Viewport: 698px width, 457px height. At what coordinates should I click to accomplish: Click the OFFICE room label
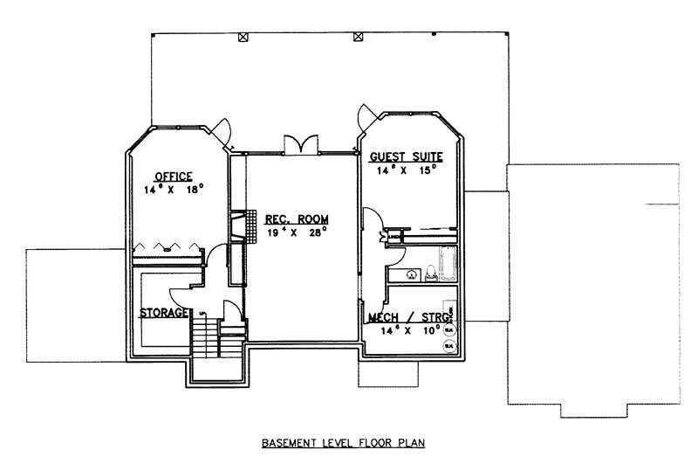(x=173, y=176)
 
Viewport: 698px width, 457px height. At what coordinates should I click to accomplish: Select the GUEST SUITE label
(x=406, y=157)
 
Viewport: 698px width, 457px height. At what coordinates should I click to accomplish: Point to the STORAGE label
(x=161, y=312)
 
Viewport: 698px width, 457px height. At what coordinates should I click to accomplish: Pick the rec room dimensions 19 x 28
(x=284, y=233)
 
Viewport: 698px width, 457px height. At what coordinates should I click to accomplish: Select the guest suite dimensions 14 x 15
(x=406, y=170)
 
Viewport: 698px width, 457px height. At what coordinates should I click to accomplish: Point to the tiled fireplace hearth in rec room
(x=251, y=227)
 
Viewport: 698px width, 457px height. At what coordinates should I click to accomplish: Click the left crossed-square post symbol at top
(x=243, y=37)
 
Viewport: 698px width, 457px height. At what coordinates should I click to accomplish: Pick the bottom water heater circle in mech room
(x=449, y=345)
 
